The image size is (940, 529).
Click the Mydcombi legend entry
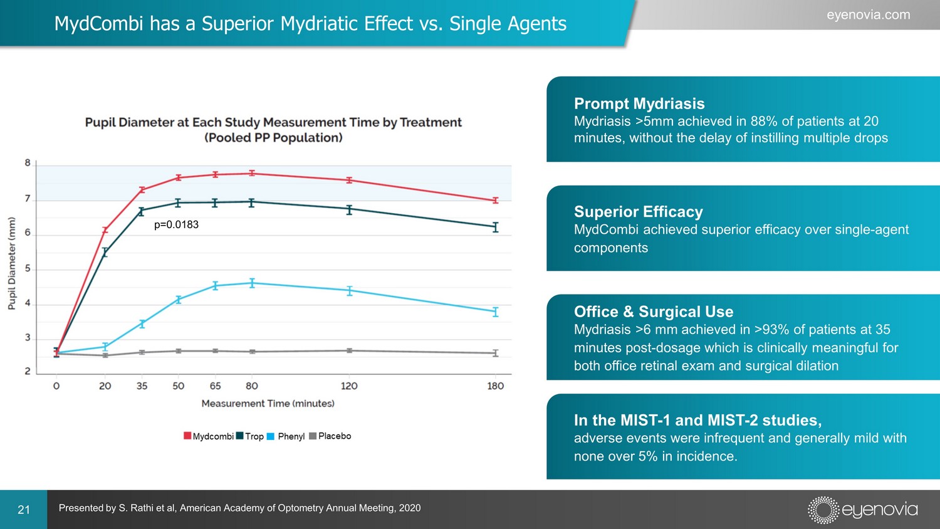click(209, 436)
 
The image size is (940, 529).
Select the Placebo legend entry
click(330, 436)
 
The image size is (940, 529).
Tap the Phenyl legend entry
click(286, 436)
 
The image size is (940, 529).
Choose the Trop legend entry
click(250, 436)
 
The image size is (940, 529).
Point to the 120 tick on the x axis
click(349, 386)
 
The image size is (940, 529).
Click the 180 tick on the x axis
click(495, 386)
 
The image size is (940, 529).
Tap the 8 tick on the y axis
click(28, 163)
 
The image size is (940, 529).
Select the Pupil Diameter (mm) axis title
click(12, 263)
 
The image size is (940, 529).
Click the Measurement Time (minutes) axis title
click(268, 404)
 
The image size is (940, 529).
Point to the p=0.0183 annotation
click(176, 225)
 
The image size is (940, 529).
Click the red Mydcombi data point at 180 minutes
click(495, 201)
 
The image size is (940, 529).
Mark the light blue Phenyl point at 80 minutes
click(252, 283)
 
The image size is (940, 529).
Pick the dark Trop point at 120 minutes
click(349, 209)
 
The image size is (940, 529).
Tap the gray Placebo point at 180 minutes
click(495, 353)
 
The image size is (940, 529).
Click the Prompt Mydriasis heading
click(639, 103)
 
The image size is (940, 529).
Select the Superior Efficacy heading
click(638, 212)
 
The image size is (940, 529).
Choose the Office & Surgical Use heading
click(653, 312)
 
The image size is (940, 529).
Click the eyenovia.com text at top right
click(868, 15)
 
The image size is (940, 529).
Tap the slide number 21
click(24, 510)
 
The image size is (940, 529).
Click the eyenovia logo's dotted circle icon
click(823, 510)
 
